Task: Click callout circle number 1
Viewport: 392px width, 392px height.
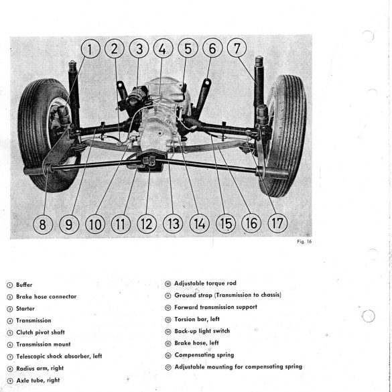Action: (x=90, y=48)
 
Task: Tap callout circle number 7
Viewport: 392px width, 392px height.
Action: (x=237, y=48)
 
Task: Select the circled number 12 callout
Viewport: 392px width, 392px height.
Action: (x=147, y=224)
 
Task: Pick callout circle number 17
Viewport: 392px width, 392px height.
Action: (x=277, y=223)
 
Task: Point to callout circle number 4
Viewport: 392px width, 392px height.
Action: (x=163, y=48)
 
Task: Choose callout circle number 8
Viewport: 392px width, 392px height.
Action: (x=43, y=224)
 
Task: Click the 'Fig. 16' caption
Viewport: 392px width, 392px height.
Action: (x=304, y=241)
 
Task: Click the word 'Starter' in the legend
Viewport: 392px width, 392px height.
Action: (x=25, y=308)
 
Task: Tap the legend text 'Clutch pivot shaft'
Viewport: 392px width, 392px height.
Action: (x=40, y=332)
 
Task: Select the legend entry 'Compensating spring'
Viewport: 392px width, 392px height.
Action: (x=204, y=354)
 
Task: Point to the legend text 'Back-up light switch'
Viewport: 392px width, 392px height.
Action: (x=202, y=331)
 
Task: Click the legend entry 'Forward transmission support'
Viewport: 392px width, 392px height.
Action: (x=216, y=307)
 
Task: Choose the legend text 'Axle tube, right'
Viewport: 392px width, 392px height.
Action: (x=38, y=380)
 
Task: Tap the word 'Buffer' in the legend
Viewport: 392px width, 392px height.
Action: (x=24, y=285)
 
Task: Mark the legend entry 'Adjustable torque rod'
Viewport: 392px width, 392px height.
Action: (x=205, y=283)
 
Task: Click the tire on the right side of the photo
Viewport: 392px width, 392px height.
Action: (x=285, y=136)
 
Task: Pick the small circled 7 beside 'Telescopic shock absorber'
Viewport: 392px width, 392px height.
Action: (x=10, y=356)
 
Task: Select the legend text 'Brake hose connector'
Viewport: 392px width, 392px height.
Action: (x=46, y=296)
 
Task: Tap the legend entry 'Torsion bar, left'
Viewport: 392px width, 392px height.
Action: (x=197, y=319)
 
